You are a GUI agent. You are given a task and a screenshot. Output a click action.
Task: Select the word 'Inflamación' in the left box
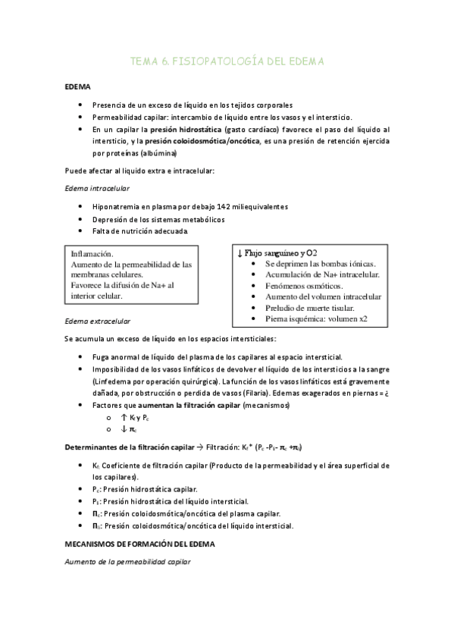click(92, 254)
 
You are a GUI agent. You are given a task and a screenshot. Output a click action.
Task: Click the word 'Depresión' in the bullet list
click(108, 219)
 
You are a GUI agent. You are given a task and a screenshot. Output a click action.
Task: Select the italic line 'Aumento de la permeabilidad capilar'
click(127, 563)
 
